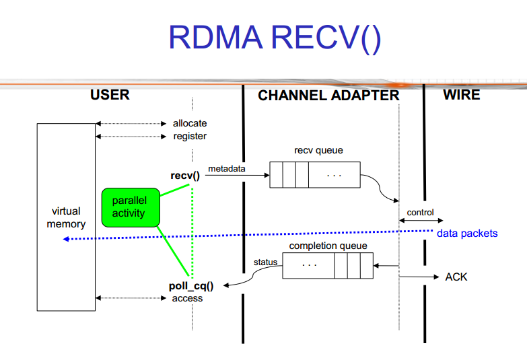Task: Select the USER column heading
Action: click(x=110, y=95)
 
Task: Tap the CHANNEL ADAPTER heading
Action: click(x=328, y=96)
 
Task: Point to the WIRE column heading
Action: click(x=461, y=95)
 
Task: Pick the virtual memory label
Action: click(x=66, y=217)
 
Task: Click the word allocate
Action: click(x=190, y=123)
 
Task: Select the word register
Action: click(x=190, y=136)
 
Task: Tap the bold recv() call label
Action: click(x=185, y=176)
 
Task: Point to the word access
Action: click(x=188, y=298)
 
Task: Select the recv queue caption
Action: click(x=318, y=150)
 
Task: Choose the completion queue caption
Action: click(x=328, y=246)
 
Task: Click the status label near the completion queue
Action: click(x=265, y=262)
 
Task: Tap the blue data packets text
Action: click(x=467, y=233)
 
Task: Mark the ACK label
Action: click(x=456, y=277)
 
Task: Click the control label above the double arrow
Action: click(x=421, y=213)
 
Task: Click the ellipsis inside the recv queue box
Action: click(x=334, y=176)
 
